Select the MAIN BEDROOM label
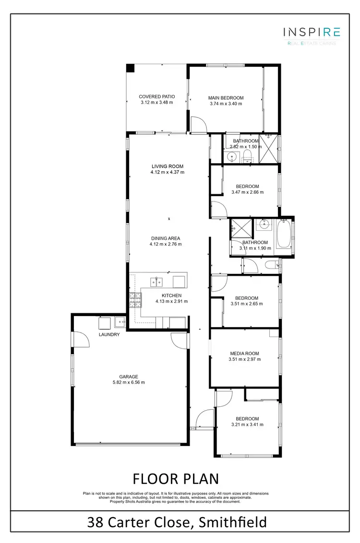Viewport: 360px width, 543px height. [226, 98]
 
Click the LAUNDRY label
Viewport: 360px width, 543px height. [109, 334]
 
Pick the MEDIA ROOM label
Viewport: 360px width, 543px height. [244, 354]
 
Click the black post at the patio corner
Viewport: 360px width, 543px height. [130, 68]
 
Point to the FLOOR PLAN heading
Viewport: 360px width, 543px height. [175, 479]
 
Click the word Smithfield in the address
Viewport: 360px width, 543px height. [232, 522]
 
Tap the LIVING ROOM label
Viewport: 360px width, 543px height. [167, 166]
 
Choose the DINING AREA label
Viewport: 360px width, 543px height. [166, 238]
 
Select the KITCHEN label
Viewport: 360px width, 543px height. [171, 295]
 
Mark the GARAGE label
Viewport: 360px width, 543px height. [129, 377]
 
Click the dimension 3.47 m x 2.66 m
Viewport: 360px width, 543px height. [247, 192]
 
